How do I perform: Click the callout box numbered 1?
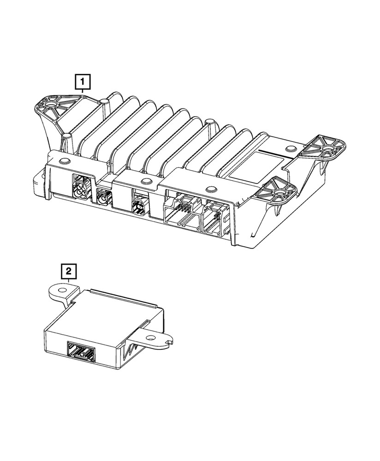(x=83, y=83)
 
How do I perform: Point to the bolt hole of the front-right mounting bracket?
(x=279, y=188)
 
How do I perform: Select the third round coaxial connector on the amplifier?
(x=137, y=206)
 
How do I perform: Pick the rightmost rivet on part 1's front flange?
(x=211, y=188)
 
